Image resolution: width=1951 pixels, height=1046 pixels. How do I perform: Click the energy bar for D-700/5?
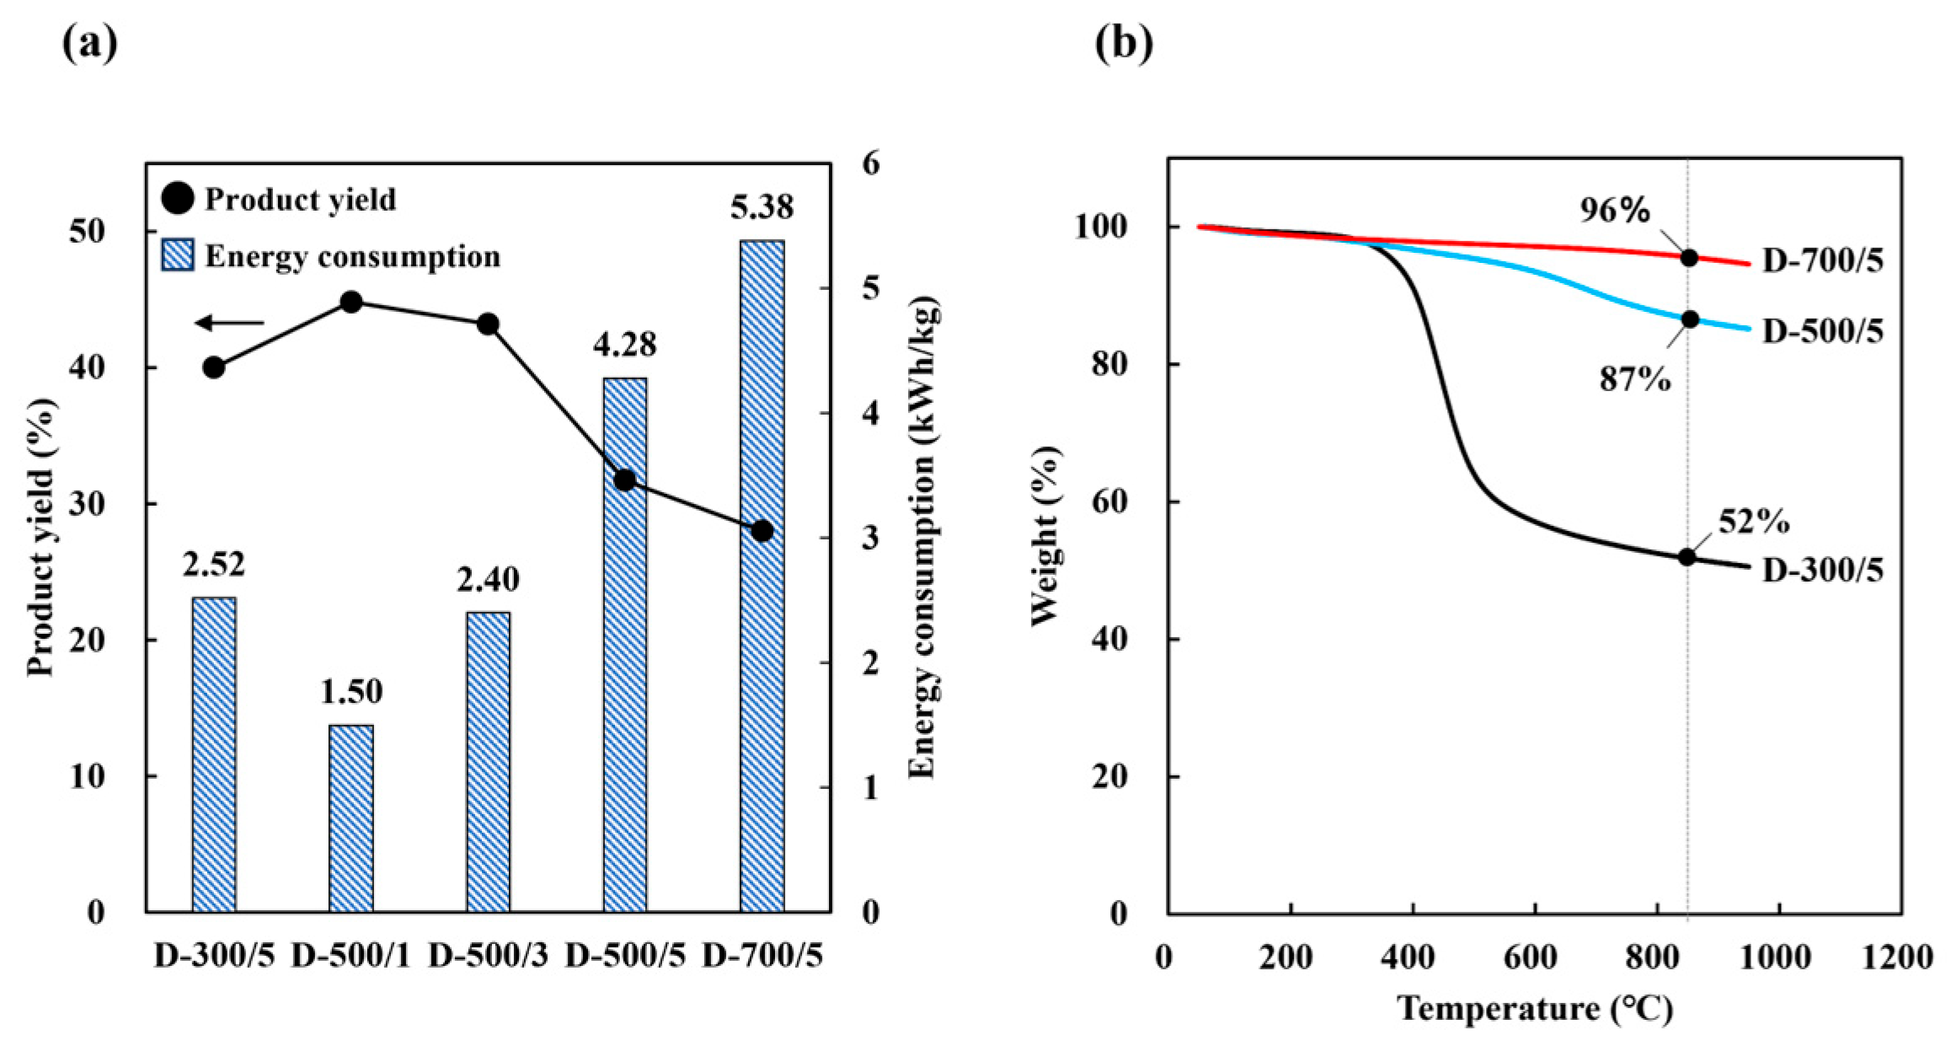point(762,576)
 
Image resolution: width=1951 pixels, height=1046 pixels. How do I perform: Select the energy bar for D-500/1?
point(350,818)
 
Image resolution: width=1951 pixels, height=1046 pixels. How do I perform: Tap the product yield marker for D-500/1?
point(351,302)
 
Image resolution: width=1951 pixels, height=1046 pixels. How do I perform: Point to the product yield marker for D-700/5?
point(762,531)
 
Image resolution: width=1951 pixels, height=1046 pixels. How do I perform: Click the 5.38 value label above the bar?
point(762,207)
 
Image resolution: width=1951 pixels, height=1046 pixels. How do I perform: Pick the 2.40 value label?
point(488,580)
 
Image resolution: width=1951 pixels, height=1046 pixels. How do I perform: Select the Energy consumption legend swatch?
point(178,255)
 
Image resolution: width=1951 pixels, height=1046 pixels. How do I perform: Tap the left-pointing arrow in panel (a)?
point(229,323)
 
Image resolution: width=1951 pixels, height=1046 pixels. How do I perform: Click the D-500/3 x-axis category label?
point(488,957)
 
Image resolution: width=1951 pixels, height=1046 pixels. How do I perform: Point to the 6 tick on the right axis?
point(870,164)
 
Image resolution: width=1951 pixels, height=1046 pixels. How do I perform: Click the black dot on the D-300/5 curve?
point(1686,556)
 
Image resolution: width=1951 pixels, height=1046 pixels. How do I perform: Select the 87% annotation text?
point(1635,380)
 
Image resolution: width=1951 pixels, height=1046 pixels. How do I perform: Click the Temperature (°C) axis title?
point(1535,1008)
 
